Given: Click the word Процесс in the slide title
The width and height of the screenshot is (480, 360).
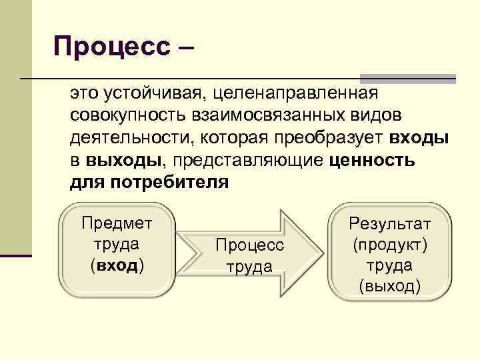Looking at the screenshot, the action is (x=112, y=47).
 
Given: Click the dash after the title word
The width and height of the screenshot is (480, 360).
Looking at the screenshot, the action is (x=185, y=48).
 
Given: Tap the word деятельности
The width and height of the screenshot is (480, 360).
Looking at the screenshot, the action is (x=127, y=139).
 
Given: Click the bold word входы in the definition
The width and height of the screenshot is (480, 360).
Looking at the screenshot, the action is (x=419, y=139).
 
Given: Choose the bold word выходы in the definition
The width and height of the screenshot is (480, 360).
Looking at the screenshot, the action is (x=124, y=161).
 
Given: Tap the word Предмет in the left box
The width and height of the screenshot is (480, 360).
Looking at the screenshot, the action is (x=117, y=223).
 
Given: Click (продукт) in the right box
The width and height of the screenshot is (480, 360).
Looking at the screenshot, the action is (x=390, y=245).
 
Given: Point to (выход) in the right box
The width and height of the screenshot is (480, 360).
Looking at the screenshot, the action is (x=390, y=287).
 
